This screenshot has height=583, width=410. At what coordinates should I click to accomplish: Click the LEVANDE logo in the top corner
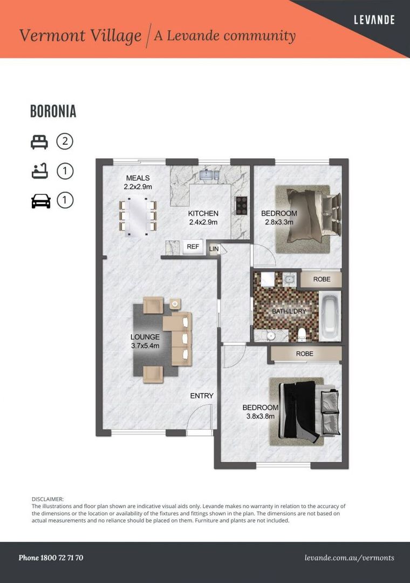coord(374,20)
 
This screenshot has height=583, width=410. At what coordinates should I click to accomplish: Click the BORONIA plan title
coord(53,112)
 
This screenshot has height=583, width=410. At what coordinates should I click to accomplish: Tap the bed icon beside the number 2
coord(39,142)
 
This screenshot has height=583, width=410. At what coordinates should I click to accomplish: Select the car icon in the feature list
coord(40,201)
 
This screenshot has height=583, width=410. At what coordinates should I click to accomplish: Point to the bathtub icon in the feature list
coord(39,172)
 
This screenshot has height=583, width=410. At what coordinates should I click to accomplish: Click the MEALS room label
coord(138,178)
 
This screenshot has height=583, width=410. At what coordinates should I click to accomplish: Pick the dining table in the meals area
coord(138,216)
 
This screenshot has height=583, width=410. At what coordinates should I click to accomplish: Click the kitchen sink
coord(208,174)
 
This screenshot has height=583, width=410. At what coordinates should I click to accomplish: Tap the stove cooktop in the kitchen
coord(241,206)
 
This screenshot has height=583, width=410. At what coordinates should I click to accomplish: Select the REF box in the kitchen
coord(193,247)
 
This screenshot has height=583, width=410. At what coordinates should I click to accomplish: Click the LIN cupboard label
coord(214,249)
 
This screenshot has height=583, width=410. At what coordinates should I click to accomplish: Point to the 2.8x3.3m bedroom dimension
coord(278,222)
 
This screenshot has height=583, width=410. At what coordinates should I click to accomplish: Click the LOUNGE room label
coord(145,337)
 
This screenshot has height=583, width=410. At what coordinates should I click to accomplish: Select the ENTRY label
coord(202,396)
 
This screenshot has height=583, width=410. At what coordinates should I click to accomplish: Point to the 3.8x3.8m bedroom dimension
coord(261,416)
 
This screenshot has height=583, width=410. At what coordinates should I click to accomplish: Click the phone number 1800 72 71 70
coord(51,558)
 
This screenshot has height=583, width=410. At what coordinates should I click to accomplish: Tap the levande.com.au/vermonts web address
coord(349,558)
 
